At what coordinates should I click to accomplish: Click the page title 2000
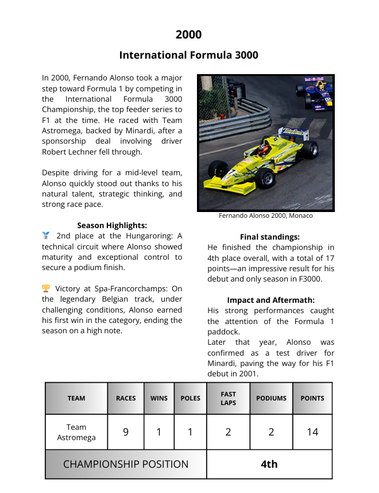pyautogui.click(x=188, y=34)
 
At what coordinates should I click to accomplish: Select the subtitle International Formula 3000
pyautogui.click(x=188, y=55)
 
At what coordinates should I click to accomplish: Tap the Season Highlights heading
pyautogui.click(x=112, y=225)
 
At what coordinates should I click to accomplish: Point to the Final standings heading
pyautogui.click(x=269, y=237)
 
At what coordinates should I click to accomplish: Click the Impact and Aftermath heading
pyautogui.click(x=270, y=300)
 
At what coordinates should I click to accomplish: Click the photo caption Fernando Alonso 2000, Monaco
pyautogui.click(x=265, y=216)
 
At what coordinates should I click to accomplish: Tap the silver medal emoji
pyautogui.click(x=46, y=236)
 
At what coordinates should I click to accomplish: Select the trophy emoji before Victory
pyautogui.click(x=46, y=289)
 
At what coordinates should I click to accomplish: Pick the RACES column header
pyautogui.click(x=126, y=398)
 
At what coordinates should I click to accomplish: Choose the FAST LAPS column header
pyautogui.click(x=228, y=398)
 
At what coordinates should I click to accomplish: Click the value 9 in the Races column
pyautogui.click(x=126, y=432)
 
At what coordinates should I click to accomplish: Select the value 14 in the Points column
pyautogui.click(x=312, y=432)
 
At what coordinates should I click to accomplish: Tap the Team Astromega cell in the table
pyautogui.click(x=76, y=432)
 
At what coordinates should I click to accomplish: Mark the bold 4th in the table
pyautogui.click(x=269, y=464)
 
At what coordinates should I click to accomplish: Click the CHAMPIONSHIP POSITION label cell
pyautogui.click(x=126, y=464)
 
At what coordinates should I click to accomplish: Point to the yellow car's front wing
pyautogui.click(x=230, y=185)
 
